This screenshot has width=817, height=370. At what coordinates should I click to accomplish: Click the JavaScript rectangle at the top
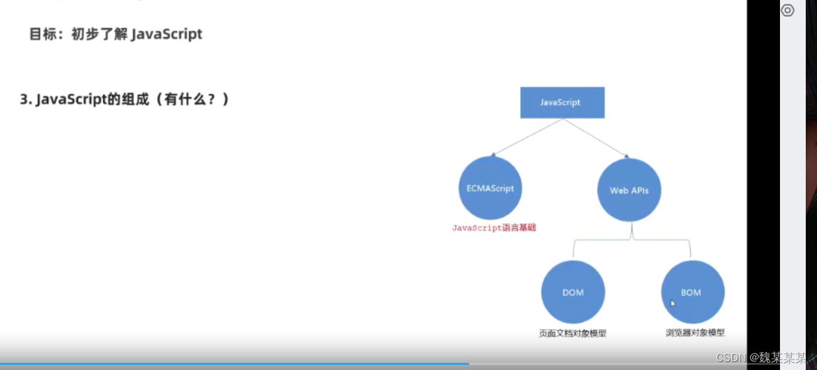562,102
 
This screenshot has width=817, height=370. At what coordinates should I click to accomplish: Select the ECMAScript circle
490,188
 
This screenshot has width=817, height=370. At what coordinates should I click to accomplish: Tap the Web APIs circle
629,190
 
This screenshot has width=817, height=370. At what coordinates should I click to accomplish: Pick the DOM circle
572,292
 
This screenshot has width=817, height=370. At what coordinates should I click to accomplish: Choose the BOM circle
692,292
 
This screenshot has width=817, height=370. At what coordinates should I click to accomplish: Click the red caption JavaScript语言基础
494,228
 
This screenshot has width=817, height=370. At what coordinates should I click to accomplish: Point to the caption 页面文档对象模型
572,334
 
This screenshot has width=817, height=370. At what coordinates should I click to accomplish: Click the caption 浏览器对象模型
695,333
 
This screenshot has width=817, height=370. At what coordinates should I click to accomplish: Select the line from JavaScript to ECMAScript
527,137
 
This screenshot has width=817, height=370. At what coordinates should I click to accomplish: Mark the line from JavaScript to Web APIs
595,137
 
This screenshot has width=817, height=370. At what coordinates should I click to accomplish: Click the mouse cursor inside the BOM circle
673,303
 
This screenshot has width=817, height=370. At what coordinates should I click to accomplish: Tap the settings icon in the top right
787,11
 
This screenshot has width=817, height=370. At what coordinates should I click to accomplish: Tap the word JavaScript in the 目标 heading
167,34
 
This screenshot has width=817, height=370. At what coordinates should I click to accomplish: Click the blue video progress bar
231,363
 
